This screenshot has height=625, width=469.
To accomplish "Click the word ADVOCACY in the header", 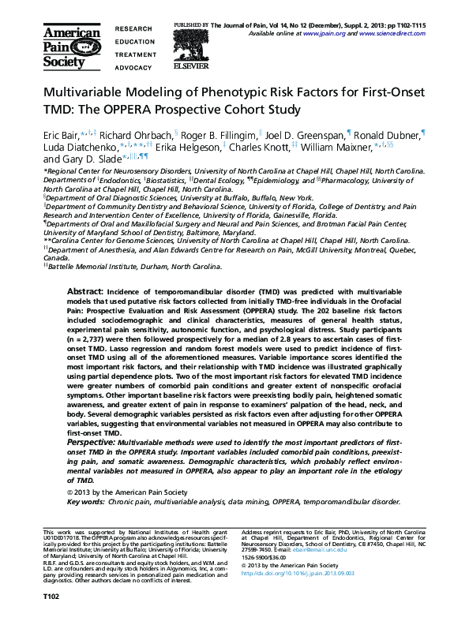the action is coord(133,68).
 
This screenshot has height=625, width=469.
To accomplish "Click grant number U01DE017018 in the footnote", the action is coord(63,541).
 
